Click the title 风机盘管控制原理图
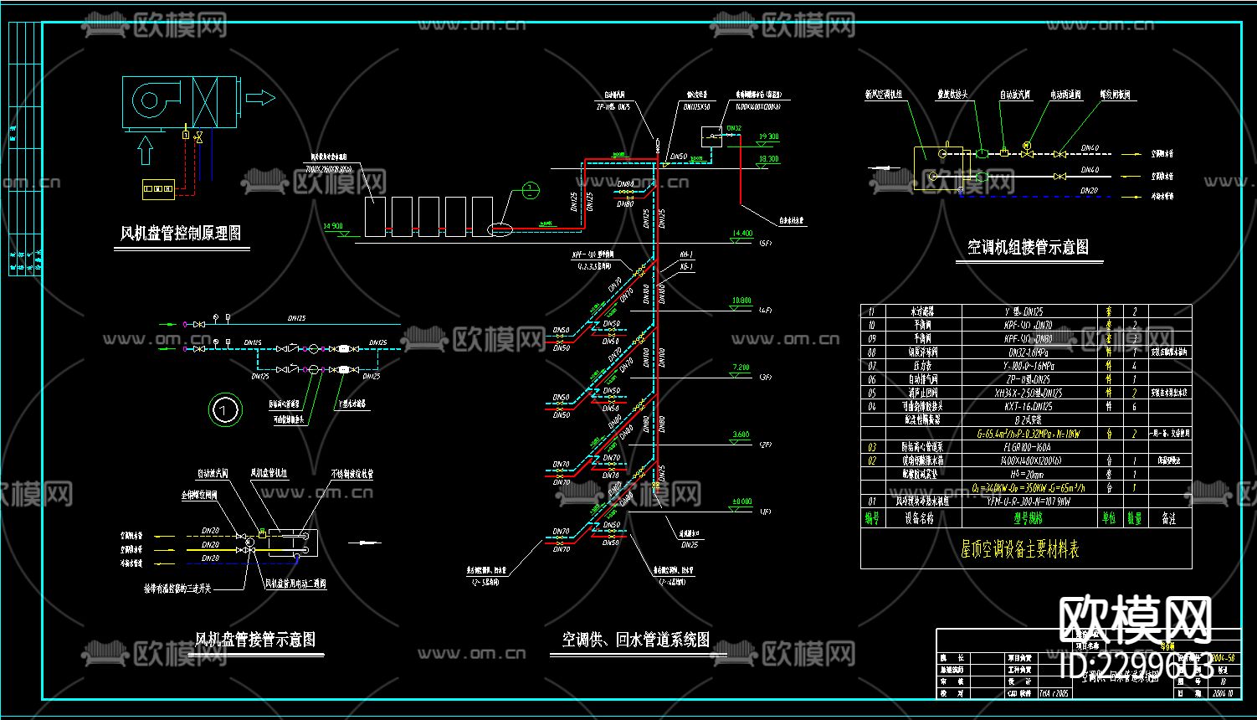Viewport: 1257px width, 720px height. coord(182,234)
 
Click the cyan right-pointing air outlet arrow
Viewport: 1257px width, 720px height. coord(260,99)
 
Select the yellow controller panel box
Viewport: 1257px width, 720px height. coord(157,188)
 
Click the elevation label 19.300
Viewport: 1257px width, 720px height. coord(768,136)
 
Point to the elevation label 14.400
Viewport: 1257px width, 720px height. coord(742,234)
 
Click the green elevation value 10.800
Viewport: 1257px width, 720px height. coord(741,301)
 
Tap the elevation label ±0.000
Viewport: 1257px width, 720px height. coord(741,501)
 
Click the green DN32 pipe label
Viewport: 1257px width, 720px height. coord(734,128)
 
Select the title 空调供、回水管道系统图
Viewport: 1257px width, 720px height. coord(636,640)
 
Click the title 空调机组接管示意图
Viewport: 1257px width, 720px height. coord(1029,248)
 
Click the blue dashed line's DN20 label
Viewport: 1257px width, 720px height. coord(1089,191)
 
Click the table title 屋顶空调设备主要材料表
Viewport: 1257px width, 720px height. coord(1019,549)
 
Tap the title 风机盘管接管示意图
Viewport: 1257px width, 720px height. coord(255,640)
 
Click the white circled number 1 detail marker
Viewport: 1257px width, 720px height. coord(224,410)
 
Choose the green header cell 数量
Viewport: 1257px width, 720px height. coord(1134,519)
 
